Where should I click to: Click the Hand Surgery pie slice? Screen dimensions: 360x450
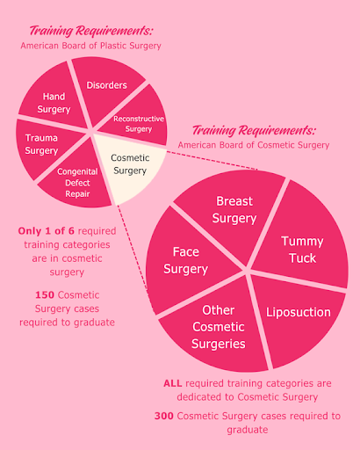pos(53,99)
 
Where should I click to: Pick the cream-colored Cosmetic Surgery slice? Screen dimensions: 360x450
pos(130,165)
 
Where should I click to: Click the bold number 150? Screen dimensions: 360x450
pos(45,294)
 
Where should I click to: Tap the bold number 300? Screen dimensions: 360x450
pos(164,416)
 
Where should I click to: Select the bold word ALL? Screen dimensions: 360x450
pos(173,383)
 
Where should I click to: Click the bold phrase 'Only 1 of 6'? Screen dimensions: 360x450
pos(47,231)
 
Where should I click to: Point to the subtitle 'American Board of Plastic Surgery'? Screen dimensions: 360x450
pos(90,46)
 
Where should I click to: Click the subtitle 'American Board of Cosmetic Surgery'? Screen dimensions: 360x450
pos(254,145)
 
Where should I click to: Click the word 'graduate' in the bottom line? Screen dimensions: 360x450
pos(248,430)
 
